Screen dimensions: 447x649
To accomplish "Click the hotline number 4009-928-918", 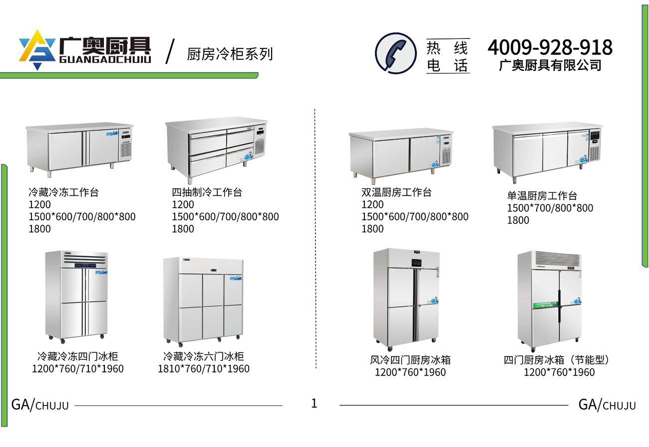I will click(550, 47).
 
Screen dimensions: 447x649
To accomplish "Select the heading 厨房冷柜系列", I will click(230, 54).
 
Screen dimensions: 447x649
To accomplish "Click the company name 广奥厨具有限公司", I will click(550, 65).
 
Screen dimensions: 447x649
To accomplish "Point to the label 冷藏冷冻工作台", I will click(64, 192).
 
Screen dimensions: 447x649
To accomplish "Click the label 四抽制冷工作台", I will click(207, 192).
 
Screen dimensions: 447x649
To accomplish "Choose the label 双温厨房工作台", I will click(396, 192).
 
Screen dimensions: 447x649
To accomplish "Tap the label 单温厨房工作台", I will click(542, 196).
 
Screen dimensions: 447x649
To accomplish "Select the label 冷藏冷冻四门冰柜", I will click(77, 357).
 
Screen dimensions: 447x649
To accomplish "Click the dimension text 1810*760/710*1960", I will click(204, 369).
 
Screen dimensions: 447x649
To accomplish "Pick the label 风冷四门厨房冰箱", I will click(410, 360).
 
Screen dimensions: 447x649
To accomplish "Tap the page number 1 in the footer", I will click(314, 404).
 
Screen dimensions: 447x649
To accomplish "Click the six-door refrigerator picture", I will click(203, 300).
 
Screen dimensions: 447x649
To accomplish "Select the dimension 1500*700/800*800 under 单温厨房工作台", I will click(550, 208).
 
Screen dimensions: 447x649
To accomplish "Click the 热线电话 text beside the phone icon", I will click(448, 56).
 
